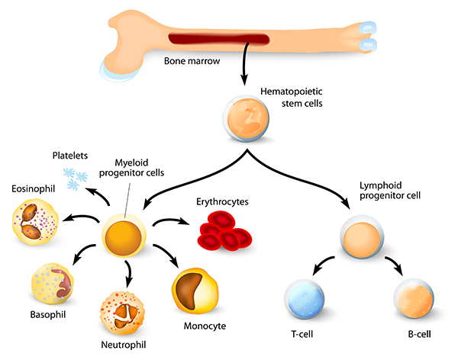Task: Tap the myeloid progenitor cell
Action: tap(124, 233)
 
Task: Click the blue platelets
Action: tap(77, 178)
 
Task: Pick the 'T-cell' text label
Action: tap(303, 335)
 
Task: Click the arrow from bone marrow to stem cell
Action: tap(244, 69)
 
